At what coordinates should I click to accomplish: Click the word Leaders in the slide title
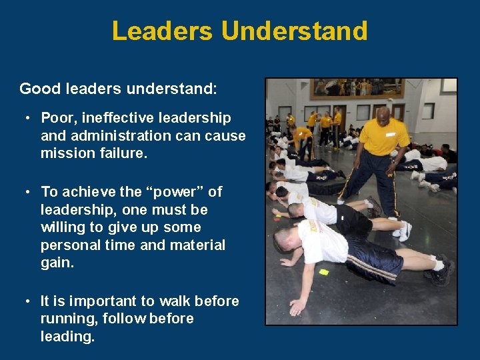162,31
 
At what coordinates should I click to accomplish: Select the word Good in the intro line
37,89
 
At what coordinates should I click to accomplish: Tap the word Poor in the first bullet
57,119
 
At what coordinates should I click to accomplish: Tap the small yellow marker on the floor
324,272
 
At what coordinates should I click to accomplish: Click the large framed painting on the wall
356,88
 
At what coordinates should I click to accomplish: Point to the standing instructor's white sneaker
403,231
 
